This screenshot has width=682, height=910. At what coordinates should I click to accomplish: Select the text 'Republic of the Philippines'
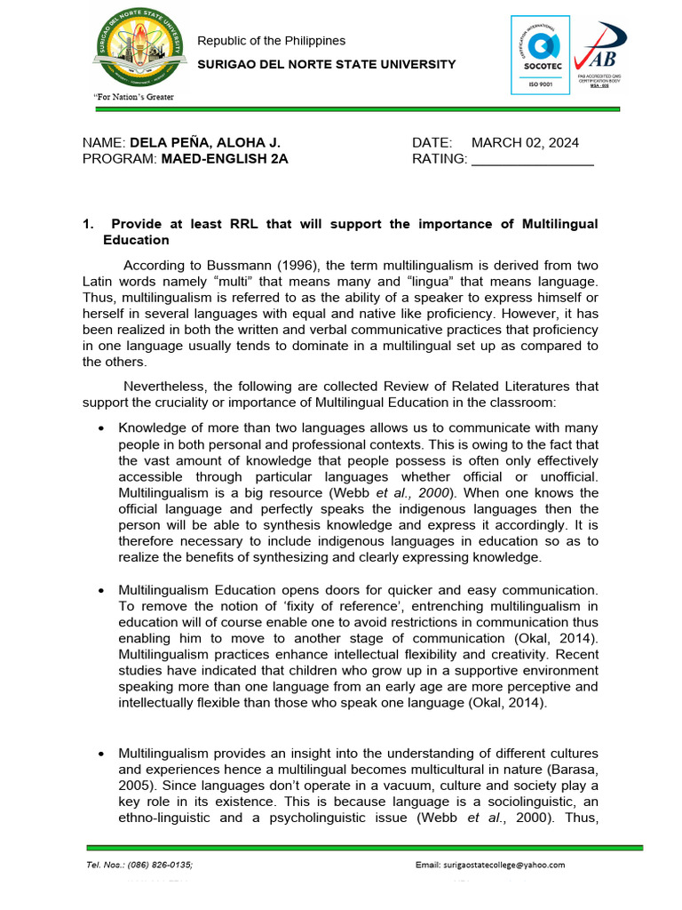tap(271, 41)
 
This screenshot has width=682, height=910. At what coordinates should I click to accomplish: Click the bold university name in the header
tap(326, 64)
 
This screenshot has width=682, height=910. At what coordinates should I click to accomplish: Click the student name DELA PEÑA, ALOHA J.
tap(205, 143)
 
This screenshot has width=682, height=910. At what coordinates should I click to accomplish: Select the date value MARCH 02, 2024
tap(525, 143)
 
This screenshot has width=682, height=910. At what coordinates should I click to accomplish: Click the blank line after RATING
tap(532, 161)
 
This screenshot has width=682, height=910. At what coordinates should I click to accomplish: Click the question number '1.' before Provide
tap(88, 224)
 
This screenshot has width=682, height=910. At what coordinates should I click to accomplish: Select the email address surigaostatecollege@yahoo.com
tap(505, 865)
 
